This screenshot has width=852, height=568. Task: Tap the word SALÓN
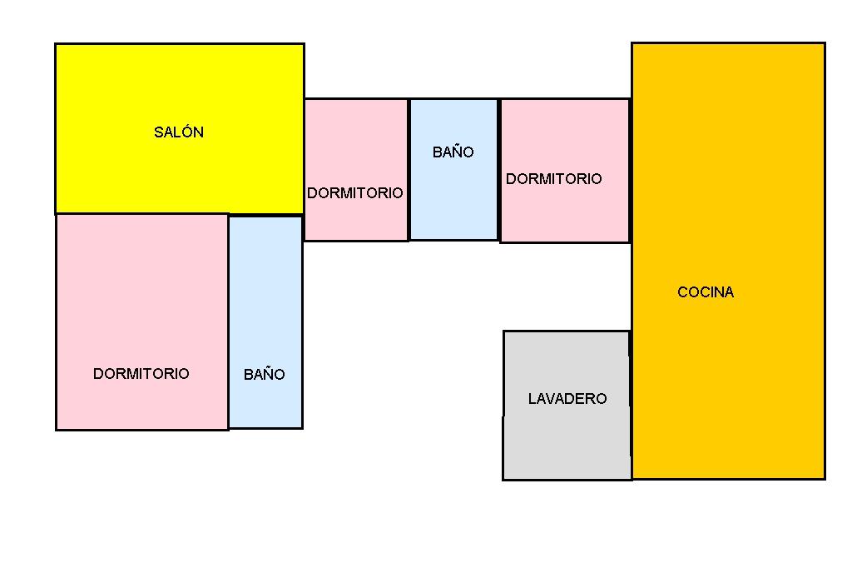[179, 132]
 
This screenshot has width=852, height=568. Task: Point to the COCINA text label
[706, 292]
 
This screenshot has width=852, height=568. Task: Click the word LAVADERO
[567, 399]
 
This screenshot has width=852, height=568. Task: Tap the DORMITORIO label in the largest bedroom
[141, 374]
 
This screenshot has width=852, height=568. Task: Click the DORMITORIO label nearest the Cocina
[554, 179]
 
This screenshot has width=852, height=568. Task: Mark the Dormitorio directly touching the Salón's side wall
[355, 142]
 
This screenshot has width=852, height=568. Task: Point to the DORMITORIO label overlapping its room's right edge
[355, 193]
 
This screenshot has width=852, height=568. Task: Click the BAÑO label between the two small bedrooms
[453, 152]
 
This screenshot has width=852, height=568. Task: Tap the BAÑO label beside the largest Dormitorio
[265, 375]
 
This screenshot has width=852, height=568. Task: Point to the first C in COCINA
[683, 292]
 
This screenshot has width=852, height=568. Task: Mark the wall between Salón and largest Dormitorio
[141, 214]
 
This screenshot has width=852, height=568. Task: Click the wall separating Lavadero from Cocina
[631, 405]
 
